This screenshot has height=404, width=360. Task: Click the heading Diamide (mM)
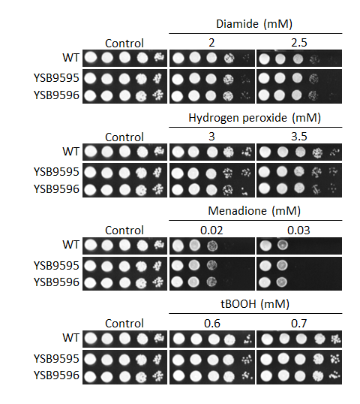[x=254, y=24]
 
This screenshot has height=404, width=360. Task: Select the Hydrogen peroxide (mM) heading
[x=254, y=118]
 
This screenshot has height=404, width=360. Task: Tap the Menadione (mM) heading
[x=254, y=211]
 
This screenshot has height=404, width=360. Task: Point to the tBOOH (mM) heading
[x=255, y=304]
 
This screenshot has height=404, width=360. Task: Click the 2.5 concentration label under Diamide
[x=299, y=43]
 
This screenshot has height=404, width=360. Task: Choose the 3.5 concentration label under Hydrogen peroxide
[x=299, y=137]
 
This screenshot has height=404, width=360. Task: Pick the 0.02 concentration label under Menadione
[x=211, y=231]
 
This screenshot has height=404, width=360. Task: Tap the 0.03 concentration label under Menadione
[x=298, y=231]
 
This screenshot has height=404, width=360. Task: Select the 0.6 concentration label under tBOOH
[x=212, y=324]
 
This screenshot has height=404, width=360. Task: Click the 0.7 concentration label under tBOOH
[x=299, y=324]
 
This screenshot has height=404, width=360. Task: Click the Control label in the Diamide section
[x=124, y=44]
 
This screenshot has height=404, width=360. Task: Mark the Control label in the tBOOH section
[x=124, y=324]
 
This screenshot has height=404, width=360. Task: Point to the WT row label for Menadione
[x=70, y=245]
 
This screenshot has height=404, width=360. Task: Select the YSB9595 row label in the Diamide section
[x=56, y=78]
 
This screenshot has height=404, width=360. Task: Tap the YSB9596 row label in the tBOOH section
[x=56, y=375]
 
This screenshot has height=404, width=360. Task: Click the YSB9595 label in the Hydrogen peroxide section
[x=56, y=172]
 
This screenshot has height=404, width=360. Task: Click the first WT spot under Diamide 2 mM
[x=178, y=58]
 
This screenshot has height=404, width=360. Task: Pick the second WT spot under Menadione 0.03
[x=282, y=245]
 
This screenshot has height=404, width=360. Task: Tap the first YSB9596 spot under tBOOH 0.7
[x=266, y=376]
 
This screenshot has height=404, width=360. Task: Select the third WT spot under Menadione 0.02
[x=212, y=246]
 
